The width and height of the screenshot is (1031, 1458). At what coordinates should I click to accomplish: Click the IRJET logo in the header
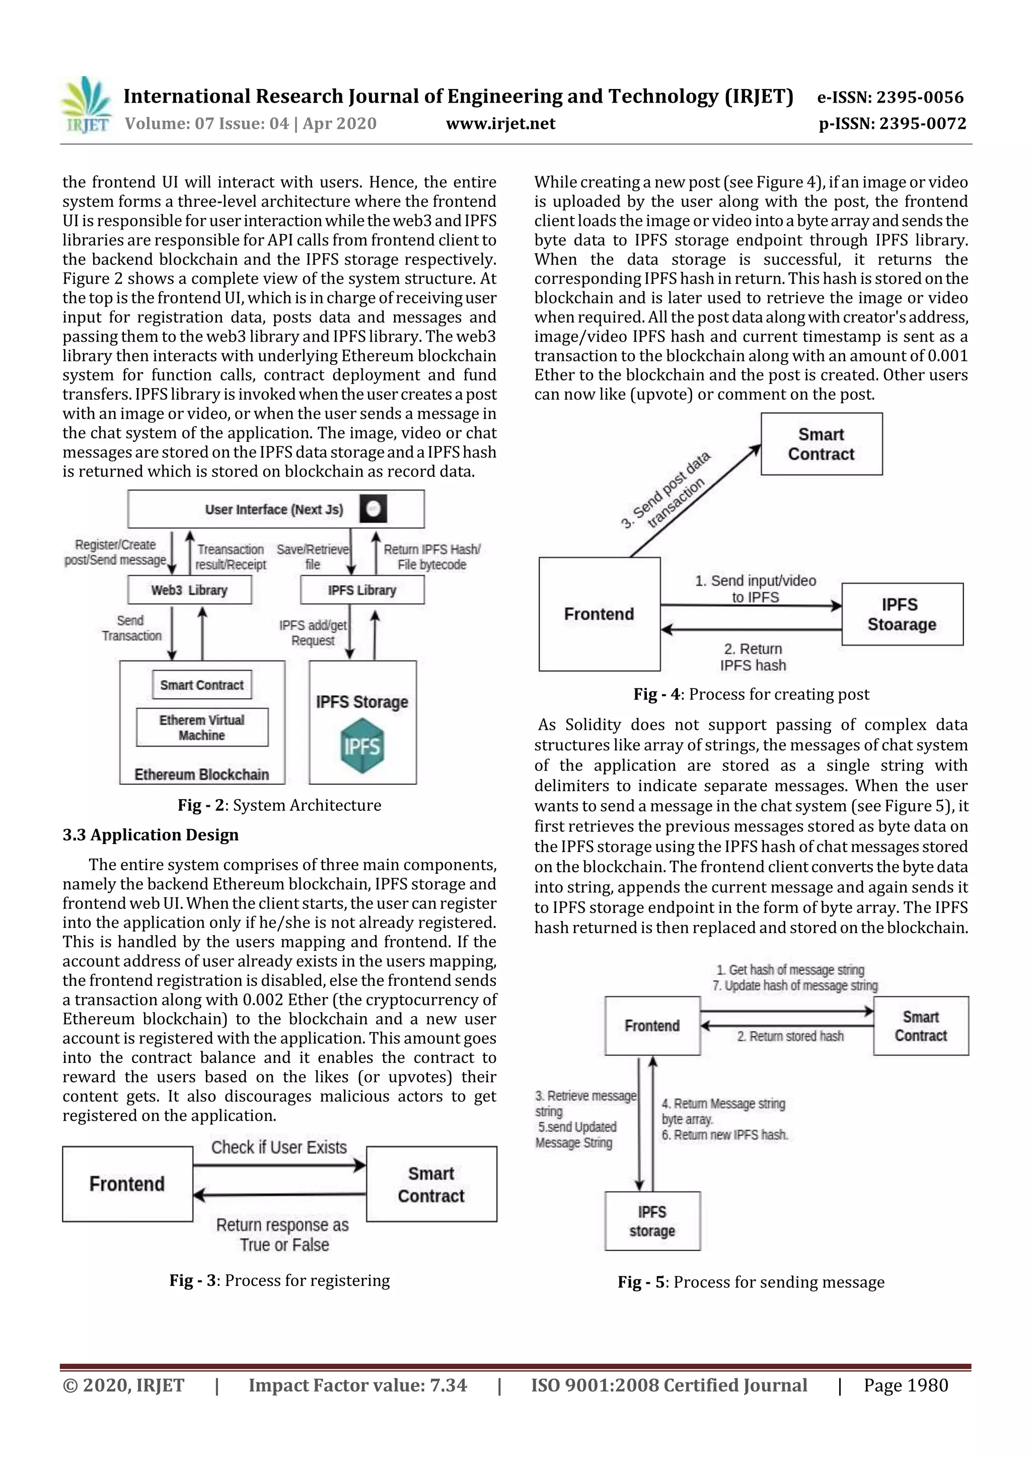87,105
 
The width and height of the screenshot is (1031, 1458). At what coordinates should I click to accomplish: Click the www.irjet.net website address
500,123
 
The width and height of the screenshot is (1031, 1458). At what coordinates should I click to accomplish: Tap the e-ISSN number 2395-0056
890,97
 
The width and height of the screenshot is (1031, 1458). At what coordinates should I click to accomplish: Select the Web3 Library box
189,590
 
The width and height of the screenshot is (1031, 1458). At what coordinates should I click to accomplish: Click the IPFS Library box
362,590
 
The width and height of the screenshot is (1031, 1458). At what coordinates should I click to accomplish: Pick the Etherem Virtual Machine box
202,727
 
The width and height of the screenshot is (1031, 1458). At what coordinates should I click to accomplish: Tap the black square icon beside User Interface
373,509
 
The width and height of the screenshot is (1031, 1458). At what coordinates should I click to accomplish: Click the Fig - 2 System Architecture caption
279,805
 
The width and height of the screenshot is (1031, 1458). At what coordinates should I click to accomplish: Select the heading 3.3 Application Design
151,834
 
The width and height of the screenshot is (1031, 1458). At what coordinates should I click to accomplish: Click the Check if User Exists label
279,1147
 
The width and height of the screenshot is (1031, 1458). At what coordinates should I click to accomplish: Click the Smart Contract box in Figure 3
431,1184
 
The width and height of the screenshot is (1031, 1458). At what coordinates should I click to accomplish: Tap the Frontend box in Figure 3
127,1184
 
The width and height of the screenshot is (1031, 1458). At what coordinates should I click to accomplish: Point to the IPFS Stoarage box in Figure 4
902,614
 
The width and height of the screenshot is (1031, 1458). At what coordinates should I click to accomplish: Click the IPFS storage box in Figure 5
652,1220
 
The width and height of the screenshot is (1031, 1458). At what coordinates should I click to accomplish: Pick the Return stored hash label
790,1036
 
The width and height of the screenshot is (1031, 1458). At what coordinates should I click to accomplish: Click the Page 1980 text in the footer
905,1385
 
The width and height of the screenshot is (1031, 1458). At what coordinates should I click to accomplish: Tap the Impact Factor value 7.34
357,1385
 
